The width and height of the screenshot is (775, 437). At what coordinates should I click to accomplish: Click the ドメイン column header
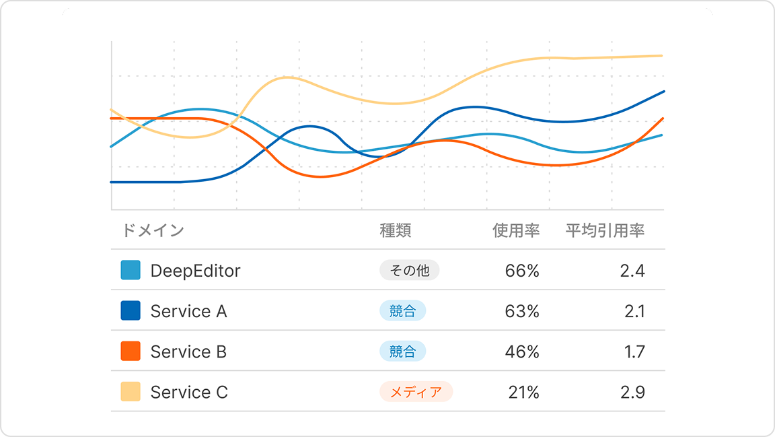(153, 231)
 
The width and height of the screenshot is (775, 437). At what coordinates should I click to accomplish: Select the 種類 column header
(396, 231)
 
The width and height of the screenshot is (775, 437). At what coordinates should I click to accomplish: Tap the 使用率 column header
(516, 231)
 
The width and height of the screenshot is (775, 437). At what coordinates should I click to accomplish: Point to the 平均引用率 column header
(605, 231)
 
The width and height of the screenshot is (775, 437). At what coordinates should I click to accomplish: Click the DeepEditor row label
(195, 271)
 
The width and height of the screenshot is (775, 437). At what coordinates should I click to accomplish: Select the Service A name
(188, 311)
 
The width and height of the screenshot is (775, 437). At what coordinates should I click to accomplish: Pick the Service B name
(188, 351)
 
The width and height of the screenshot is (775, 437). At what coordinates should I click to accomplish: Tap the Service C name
(189, 392)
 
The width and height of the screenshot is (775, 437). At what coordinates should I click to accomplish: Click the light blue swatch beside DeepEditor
(131, 271)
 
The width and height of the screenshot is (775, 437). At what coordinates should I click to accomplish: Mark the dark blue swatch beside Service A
(131, 311)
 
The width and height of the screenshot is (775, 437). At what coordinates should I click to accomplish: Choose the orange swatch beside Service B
(131, 351)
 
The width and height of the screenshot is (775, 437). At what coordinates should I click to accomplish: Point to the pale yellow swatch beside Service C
(131, 392)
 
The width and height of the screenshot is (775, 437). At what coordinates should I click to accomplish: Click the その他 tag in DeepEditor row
(410, 271)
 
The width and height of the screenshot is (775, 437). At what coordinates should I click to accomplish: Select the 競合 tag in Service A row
(403, 311)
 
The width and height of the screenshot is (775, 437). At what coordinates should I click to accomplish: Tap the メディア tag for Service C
(416, 392)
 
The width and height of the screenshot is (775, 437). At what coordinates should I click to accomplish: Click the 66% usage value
(522, 271)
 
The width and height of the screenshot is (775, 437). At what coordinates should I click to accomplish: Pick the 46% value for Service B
(522, 351)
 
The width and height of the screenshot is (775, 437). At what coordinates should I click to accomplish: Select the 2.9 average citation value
(632, 392)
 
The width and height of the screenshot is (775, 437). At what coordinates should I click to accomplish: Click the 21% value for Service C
(523, 392)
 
